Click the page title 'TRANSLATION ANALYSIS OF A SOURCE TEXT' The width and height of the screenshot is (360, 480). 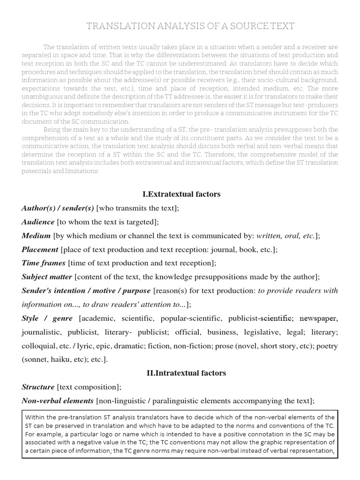coord(190,26)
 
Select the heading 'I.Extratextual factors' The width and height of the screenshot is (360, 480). coord(181,194)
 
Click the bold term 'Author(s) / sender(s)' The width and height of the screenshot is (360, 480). coord(58,208)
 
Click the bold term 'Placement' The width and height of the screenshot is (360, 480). coord(40,249)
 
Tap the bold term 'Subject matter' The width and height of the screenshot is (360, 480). coord(47,277)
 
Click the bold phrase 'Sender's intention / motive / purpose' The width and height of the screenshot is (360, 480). coord(86,291)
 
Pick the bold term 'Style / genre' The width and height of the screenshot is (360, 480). coord(47,319)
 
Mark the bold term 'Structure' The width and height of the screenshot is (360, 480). coord(38,387)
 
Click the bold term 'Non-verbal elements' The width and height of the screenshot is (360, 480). coord(58,401)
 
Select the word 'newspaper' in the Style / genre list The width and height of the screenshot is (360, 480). coord(318,319)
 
